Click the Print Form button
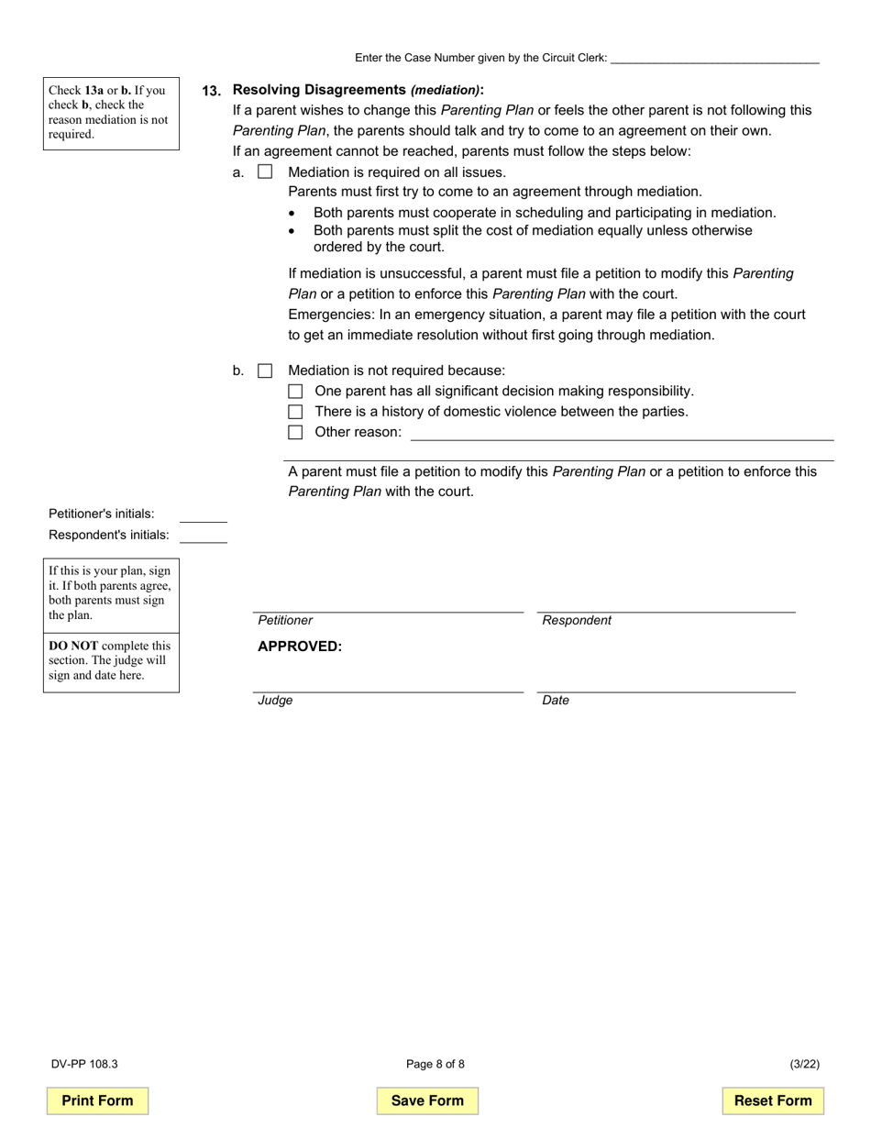click(x=97, y=1100)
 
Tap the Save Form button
click(x=427, y=1100)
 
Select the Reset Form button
click(x=773, y=1100)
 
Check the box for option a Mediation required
click(x=265, y=171)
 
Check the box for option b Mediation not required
click(x=265, y=370)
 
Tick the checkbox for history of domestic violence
click(x=295, y=412)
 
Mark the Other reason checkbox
click(x=295, y=432)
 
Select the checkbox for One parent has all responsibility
click(x=295, y=392)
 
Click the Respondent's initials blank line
click(x=203, y=537)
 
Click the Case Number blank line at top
click(x=714, y=59)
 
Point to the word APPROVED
click(x=300, y=647)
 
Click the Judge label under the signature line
click(x=275, y=701)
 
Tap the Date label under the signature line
click(x=556, y=701)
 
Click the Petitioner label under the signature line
click(x=285, y=621)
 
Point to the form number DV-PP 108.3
click(x=84, y=1065)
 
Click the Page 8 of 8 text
click(x=435, y=1065)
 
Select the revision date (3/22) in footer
click(x=804, y=1065)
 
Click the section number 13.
click(x=211, y=91)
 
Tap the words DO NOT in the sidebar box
click(x=73, y=646)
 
